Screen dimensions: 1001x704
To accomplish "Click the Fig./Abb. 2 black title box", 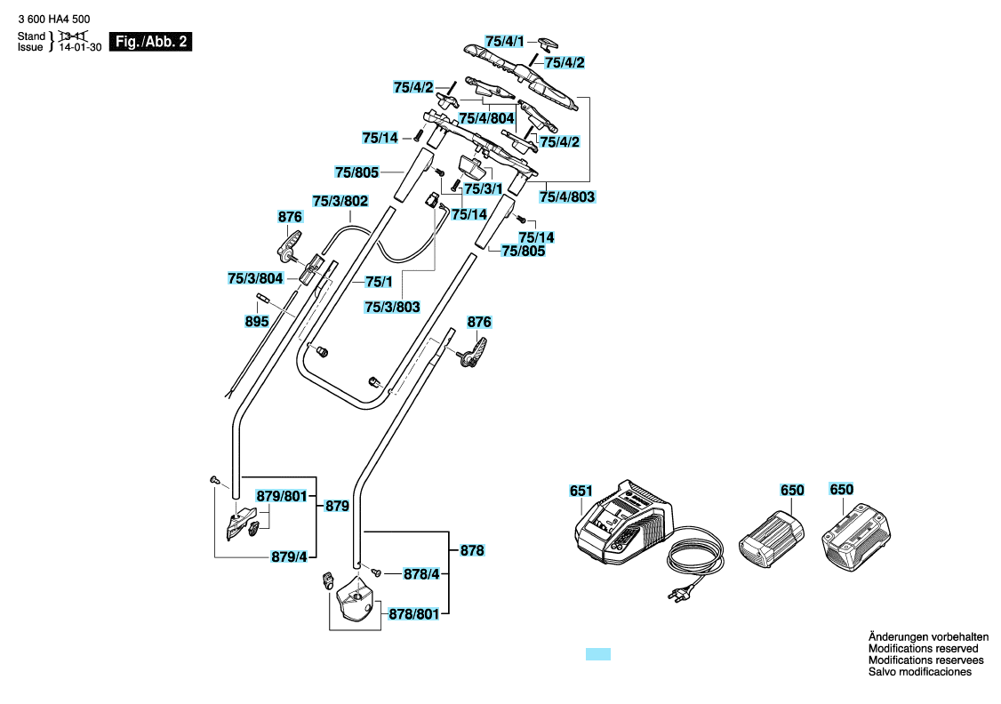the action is click(x=150, y=42).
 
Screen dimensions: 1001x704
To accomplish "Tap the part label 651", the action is click(x=581, y=491).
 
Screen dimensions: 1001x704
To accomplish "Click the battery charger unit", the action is click(x=624, y=523).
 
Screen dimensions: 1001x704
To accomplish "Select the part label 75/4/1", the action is click(x=504, y=42).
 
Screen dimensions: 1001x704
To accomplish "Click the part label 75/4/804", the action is click(x=486, y=118).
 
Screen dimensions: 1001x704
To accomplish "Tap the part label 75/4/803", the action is click(x=567, y=196).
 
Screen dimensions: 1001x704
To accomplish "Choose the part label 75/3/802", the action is click(x=340, y=201).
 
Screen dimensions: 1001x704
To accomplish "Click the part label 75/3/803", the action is click(x=392, y=307).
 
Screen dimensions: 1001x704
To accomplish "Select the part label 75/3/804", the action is click(x=255, y=278).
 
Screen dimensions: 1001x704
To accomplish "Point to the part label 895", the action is click(x=257, y=321).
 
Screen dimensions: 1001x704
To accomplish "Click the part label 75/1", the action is click(x=379, y=282).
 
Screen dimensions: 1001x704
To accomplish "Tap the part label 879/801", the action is click(x=282, y=496).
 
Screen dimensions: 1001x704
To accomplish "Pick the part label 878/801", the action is click(x=413, y=614).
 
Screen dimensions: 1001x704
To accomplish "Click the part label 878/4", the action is click(x=421, y=574).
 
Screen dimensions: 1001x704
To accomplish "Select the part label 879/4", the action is click(x=289, y=556).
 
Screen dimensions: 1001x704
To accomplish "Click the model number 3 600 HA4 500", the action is click(x=54, y=20).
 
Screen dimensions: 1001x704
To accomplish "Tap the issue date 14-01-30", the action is click(x=80, y=47).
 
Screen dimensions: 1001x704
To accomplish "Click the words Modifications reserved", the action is click(x=923, y=649).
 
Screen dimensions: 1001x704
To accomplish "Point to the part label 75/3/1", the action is click(x=484, y=189).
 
